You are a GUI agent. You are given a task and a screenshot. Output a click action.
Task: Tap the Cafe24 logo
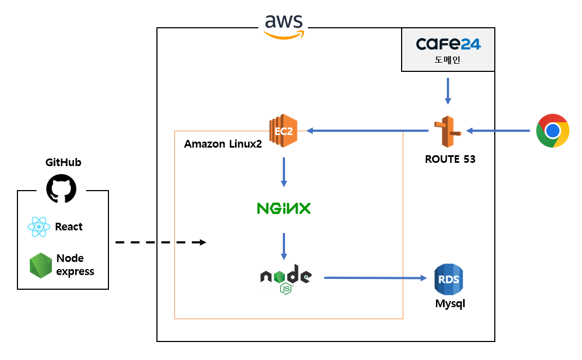click(x=448, y=44)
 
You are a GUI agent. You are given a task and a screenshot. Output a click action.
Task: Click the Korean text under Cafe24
click(x=447, y=60)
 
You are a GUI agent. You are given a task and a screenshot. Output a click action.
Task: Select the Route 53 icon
click(x=447, y=131)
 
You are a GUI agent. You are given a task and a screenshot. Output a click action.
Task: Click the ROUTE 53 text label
click(x=450, y=160)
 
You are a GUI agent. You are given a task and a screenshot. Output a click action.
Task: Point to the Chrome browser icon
click(x=553, y=131)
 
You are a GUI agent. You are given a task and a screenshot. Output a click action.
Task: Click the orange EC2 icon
click(x=282, y=131)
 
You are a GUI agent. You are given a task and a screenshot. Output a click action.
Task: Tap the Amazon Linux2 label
click(x=223, y=144)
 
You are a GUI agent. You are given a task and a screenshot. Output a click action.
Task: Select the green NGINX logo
click(x=283, y=208)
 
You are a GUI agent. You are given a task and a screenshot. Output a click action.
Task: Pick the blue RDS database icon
click(x=448, y=279)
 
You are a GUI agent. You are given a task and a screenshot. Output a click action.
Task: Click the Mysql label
click(x=450, y=304)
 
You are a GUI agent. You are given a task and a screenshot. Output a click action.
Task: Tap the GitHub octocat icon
click(x=61, y=189)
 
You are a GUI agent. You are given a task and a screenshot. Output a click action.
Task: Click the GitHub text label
click(x=63, y=162)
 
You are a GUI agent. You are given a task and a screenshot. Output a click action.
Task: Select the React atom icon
click(x=39, y=227)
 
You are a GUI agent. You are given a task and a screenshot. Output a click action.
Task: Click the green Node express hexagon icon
click(x=41, y=265)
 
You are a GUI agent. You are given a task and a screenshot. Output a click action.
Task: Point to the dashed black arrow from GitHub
click(x=161, y=242)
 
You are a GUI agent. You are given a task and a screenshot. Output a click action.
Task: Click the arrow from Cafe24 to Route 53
click(x=447, y=91)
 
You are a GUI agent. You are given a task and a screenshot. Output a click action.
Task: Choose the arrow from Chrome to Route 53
click(x=498, y=131)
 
